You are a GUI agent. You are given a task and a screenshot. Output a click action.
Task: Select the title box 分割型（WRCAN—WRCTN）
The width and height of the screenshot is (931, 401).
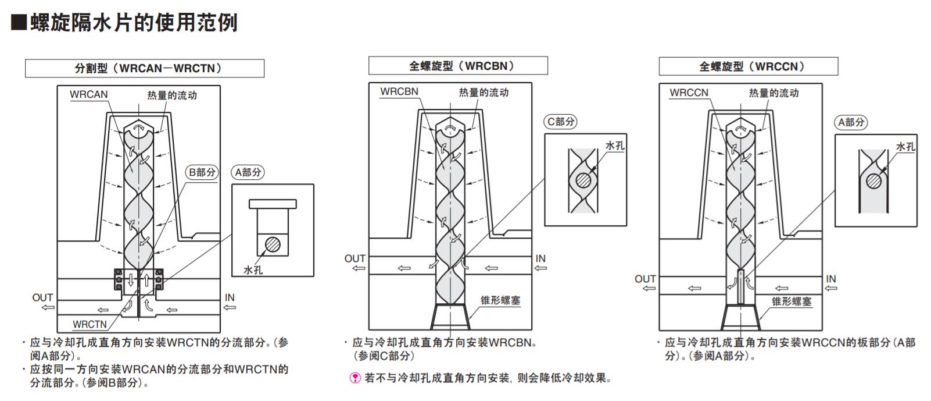(144, 69)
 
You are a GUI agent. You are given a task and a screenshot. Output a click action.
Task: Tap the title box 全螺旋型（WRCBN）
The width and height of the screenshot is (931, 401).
(458, 66)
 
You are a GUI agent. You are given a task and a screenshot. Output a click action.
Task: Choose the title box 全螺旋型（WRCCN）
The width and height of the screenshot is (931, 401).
(748, 66)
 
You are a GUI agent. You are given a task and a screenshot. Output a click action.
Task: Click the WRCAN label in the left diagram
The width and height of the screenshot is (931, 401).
(88, 94)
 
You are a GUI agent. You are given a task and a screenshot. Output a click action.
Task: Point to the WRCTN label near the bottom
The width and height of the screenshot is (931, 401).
(89, 324)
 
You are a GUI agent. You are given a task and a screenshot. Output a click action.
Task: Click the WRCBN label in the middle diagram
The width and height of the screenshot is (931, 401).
(399, 92)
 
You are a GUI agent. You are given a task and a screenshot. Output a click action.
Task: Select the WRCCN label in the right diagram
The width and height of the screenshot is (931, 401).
(689, 93)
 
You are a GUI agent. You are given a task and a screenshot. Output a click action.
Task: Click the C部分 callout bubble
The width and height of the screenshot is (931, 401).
(561, 122)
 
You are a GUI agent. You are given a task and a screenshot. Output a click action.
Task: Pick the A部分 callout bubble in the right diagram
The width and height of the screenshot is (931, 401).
(851, 122)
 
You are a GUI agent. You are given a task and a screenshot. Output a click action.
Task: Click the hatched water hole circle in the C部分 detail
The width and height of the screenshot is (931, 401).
(582, 182)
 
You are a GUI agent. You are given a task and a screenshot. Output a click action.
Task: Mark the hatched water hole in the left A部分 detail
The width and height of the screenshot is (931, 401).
(273, 244)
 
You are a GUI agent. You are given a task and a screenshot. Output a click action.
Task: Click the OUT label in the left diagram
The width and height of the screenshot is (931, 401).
(42, 298)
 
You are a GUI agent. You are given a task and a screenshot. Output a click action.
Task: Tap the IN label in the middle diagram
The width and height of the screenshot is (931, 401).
(540, 259)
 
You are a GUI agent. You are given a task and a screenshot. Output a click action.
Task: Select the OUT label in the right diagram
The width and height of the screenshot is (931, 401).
(645, 279)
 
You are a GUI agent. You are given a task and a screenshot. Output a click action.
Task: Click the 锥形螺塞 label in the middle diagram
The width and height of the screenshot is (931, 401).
(500, 301)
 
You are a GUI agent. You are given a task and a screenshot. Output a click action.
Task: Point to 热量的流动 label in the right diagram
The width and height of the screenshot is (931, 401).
(774, 93)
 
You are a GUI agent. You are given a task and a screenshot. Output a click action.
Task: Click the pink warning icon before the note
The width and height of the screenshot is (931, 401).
(355, 378)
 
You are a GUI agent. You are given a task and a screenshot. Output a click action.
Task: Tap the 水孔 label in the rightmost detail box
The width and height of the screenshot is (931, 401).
(905, 147)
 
